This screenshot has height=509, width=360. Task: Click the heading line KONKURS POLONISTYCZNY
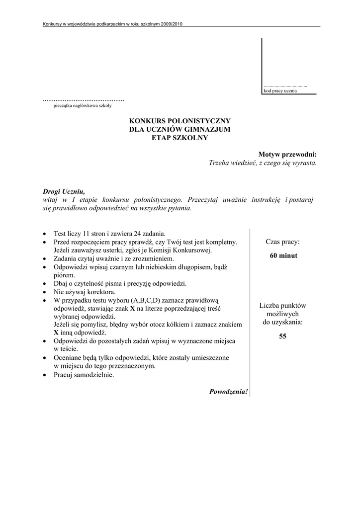click(x=180, y=121)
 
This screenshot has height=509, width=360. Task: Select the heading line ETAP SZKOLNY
click(x=180, y=138)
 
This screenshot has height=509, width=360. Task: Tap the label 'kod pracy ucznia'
click(x=280, y=91)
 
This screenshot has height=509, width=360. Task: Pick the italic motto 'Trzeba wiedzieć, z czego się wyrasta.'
click(x=263, y=163)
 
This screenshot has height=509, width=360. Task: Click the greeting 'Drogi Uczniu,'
click(x=64, y=191)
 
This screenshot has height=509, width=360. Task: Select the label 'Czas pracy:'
click(x=282, y=242)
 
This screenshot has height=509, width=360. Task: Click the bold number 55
click(x=282, y=337)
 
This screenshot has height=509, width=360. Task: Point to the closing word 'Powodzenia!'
click(x=228, y=392)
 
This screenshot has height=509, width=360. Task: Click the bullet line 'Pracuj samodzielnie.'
click(x=84, y=375)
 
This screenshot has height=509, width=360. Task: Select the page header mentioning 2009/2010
click(x=113, y=24)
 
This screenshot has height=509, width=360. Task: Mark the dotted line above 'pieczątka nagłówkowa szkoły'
click(x=84, y=100)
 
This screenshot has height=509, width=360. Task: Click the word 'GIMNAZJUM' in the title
click(x=205, y=129)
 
